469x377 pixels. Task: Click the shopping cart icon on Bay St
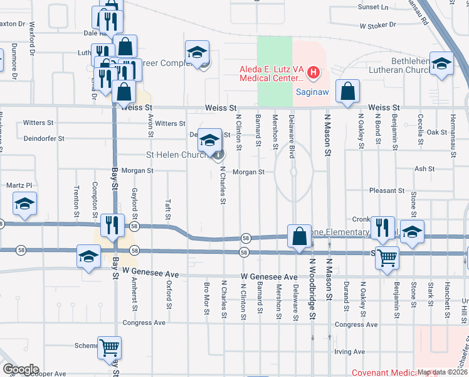tap(109, 347)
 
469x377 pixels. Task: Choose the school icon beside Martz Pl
tap(24, 204)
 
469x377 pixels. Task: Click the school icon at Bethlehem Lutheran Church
tap(441, 64)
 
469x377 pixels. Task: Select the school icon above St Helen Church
tap(209, 138)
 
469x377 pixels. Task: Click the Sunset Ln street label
tap(372, 7)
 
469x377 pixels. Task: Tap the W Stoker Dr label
tap(378, 26)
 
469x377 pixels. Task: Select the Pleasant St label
tap(387, 190)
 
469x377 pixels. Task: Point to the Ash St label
tap(424, 169)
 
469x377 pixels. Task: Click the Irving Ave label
tap(350, 352)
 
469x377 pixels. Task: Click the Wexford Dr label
tap(31, 41)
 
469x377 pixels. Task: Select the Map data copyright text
tap(443, 372)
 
